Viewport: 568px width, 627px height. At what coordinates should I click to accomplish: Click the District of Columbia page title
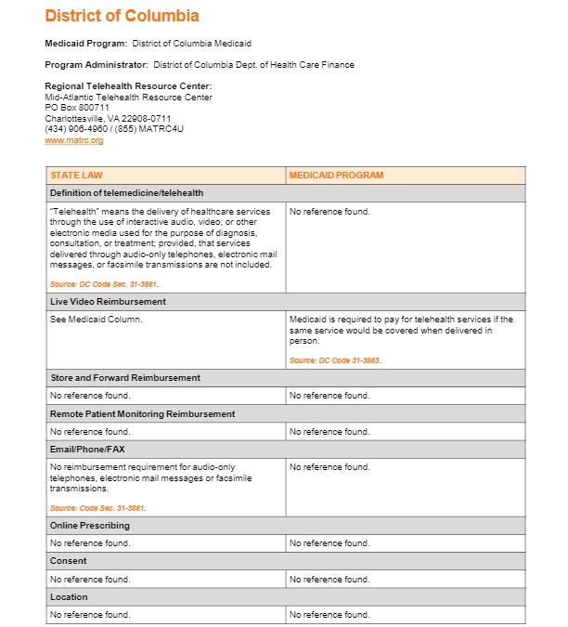click(122, 16)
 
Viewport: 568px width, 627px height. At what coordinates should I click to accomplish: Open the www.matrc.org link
click(73, 140)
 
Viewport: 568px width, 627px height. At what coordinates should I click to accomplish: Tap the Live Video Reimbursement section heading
click(108, 302)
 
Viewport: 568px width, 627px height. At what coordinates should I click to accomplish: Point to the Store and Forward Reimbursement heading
click(124, 378)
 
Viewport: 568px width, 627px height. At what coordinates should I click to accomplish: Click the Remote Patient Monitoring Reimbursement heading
click(142, 413)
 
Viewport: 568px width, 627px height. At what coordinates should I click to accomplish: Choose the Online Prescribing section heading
click(89, 526)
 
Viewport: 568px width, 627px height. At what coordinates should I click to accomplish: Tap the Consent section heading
click(69, 561)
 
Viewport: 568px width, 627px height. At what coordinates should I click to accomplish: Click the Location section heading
click(70, 596)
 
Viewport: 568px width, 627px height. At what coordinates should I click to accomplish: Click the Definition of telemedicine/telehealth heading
click(126, 192)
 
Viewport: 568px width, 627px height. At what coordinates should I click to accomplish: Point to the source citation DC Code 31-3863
click(335, 360)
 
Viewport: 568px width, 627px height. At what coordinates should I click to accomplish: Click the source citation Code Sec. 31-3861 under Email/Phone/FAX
click(97, 508)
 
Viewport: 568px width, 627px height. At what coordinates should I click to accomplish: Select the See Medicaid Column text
click(96, 320)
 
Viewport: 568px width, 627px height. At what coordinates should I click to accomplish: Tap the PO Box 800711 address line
click(77, 108)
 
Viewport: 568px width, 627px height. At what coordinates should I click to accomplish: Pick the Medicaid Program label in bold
click(86, 44)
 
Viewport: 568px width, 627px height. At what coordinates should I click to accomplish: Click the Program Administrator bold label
click(97, 65)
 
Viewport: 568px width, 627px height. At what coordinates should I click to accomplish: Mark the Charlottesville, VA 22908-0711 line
click(108, 118)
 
